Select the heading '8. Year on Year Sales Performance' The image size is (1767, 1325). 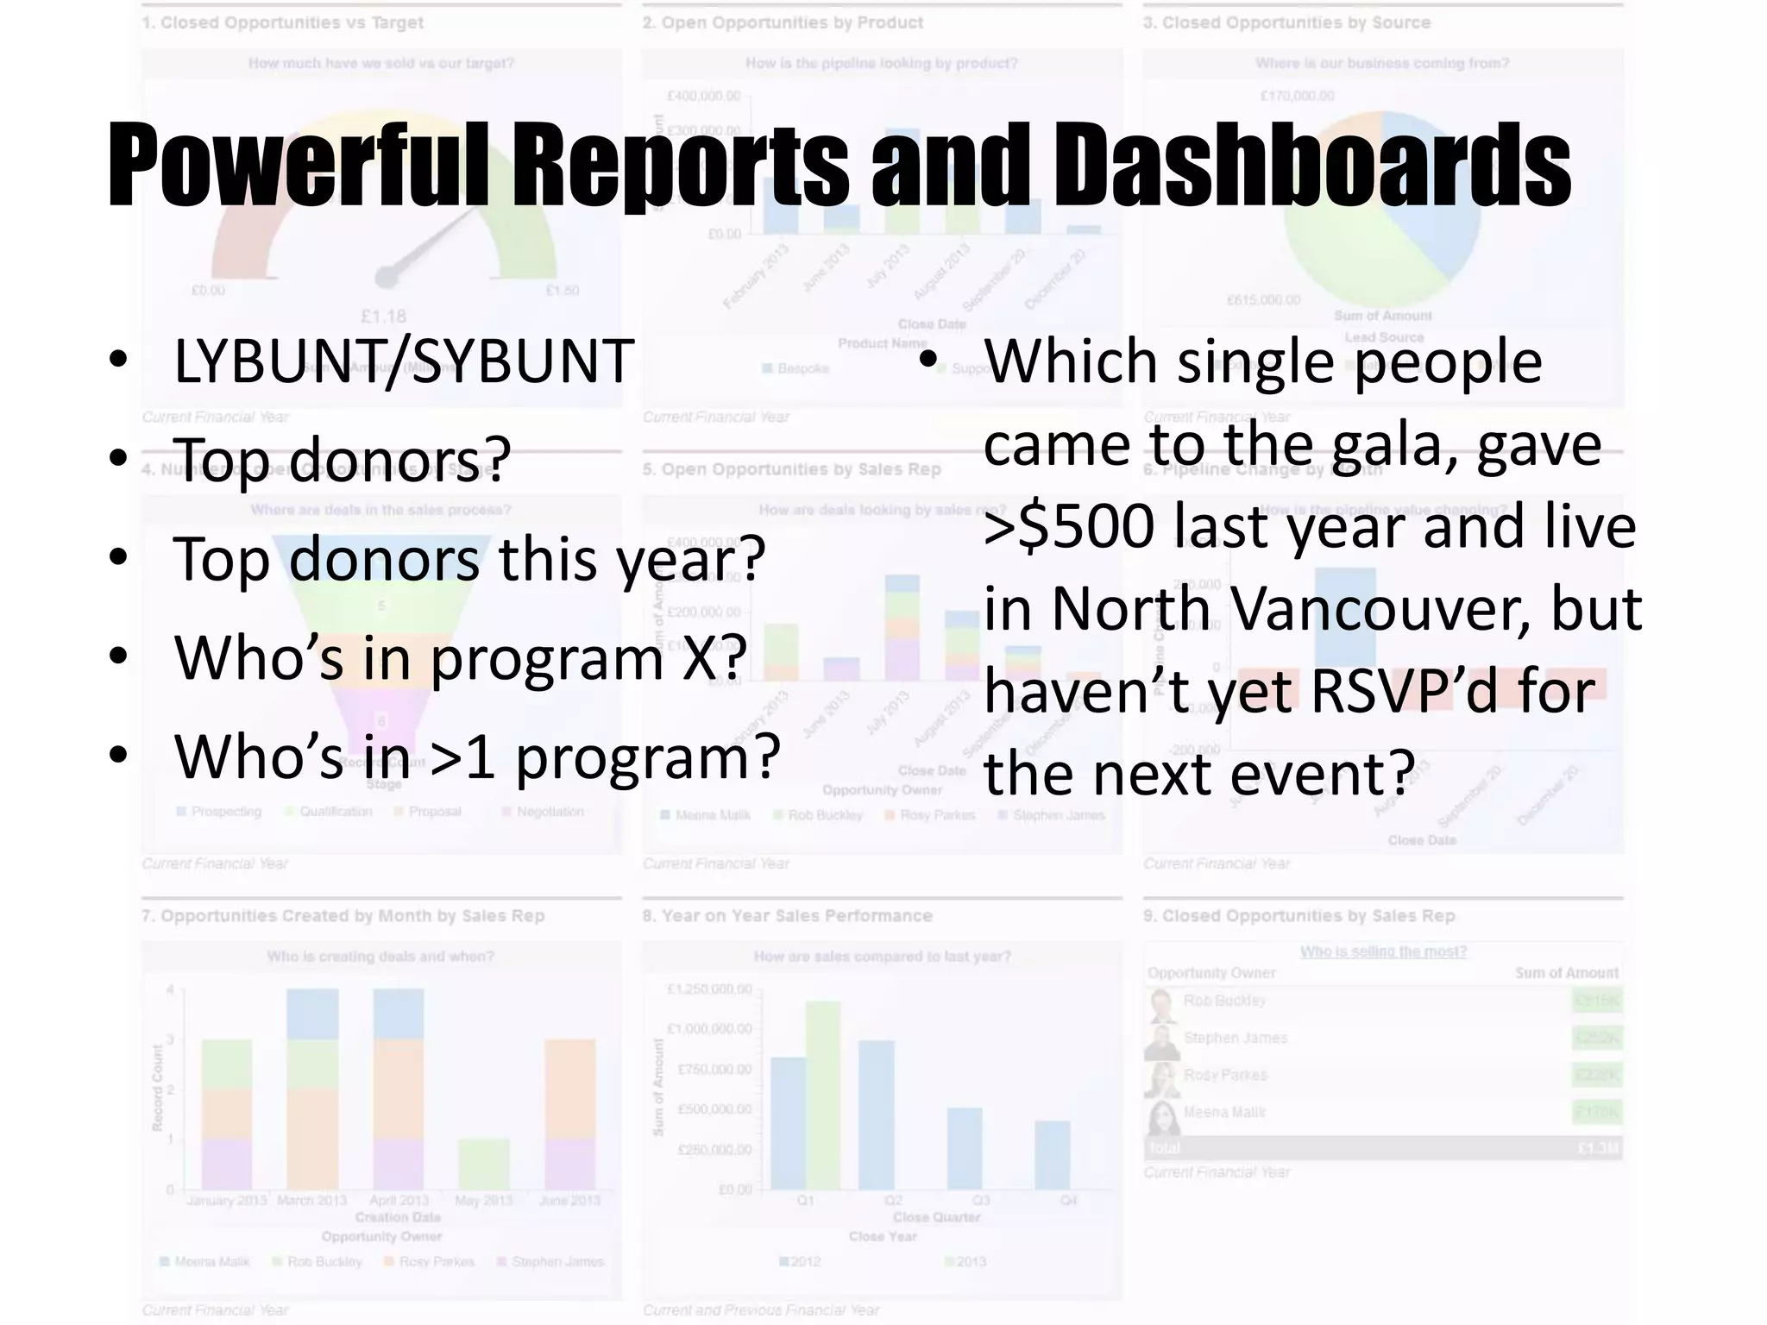pyautogui.click(x=787, y=915)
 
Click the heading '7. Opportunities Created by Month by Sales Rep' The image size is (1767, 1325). pyautogui.click(x=343, y=915)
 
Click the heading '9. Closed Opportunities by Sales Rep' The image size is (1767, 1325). pyautogui.click(x=1299, y=915)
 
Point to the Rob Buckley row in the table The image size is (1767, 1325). pyautogui.click(x=1224, y=1001)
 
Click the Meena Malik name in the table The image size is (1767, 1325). pyautogui.click(x=1223, y=1112)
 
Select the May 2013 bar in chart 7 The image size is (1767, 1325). pyautogui.click(x=483, y=1164)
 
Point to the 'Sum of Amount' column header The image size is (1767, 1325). pyautogui.click(x=1566, y=973)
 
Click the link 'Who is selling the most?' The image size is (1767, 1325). pyautogui.click(x=1383, y=951)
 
